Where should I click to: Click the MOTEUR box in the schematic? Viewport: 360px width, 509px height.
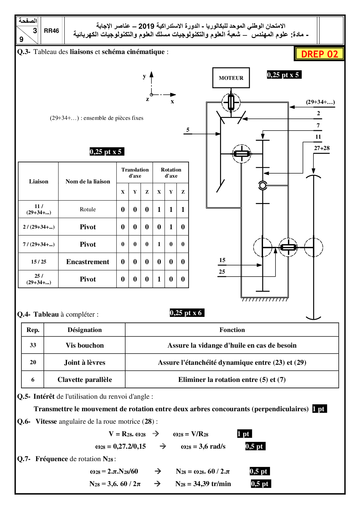(231, 78)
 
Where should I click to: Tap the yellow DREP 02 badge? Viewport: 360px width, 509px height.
(319, 54)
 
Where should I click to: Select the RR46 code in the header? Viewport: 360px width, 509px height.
(51, 31)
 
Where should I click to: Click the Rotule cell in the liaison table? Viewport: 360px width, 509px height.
(88, 209)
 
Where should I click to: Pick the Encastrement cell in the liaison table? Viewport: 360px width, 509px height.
(88, 262)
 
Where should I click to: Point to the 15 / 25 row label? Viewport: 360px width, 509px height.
(39, 262)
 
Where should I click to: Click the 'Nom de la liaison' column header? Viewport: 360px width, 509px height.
(88, 181)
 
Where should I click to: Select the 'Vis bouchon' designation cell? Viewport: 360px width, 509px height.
(85, 345)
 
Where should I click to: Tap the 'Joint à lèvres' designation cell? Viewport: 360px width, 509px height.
(85, 362)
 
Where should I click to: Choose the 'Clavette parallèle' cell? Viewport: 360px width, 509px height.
(85, 380)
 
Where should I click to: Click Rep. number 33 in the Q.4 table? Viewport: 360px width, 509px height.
(33, 345)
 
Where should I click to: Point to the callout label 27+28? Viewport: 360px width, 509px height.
(322, 148)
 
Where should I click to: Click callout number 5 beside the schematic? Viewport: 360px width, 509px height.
(188, 130)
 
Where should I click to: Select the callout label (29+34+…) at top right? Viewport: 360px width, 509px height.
(320, 102)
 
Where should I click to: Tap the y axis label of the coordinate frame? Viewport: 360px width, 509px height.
(144, 76)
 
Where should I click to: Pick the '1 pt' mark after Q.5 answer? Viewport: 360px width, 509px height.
(319, 409)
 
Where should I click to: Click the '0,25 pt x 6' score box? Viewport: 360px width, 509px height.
(187, 313)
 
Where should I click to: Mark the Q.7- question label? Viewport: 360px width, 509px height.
(24, 459)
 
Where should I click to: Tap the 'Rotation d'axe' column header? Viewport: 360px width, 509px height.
(171, 173)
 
